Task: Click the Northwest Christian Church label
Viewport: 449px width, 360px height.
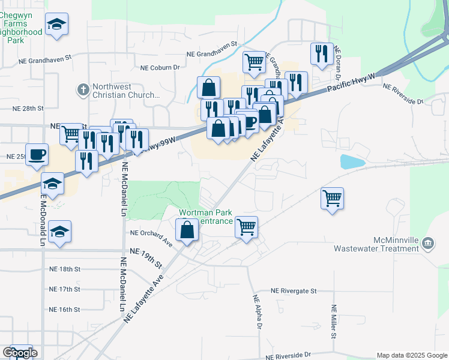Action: coord(127,91)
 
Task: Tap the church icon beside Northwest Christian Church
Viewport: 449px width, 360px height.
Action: coord(84,91)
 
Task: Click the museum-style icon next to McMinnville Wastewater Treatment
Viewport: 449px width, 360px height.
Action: coord(428,243)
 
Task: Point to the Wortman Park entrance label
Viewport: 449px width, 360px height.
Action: coord(206,217)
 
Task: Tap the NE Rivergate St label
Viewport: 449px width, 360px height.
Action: coord(293,291)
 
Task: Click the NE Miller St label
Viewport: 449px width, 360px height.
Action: coord(334,321)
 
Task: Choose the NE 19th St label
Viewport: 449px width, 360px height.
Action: coord(146,258)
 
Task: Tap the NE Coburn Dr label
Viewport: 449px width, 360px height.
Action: coord(160,68)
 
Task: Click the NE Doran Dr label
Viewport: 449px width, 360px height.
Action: coord(338,64)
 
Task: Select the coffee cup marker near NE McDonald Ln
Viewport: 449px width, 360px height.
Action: coord(37,154)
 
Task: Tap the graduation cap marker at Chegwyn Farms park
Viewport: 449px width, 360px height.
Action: coord(57,24)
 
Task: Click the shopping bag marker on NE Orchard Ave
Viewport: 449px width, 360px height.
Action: coord(187,230)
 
